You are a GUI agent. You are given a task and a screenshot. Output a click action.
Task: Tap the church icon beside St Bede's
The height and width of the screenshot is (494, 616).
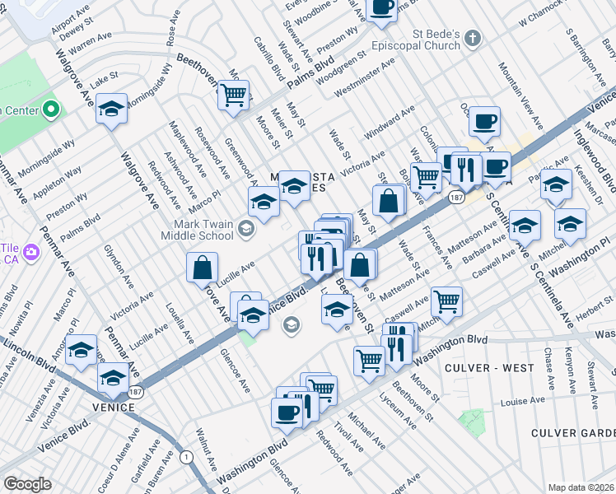click(473, 36)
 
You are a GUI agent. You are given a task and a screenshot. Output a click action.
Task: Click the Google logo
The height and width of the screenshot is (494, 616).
click(27, 484)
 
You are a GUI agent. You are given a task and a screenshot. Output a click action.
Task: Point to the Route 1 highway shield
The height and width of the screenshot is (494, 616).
click(186, 456)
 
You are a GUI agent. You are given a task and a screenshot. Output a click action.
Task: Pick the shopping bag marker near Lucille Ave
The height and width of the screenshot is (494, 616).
click(202, 268)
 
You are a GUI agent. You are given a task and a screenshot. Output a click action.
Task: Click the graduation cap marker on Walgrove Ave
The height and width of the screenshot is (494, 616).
click(111, 110)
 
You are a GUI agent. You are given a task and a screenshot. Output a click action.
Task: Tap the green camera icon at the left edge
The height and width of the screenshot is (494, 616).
click(30, 250)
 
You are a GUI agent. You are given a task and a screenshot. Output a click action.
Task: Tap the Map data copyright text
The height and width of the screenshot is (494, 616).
click(581, 487)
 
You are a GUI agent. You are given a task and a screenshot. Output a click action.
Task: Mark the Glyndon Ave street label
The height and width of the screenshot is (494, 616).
click(117, 267)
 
